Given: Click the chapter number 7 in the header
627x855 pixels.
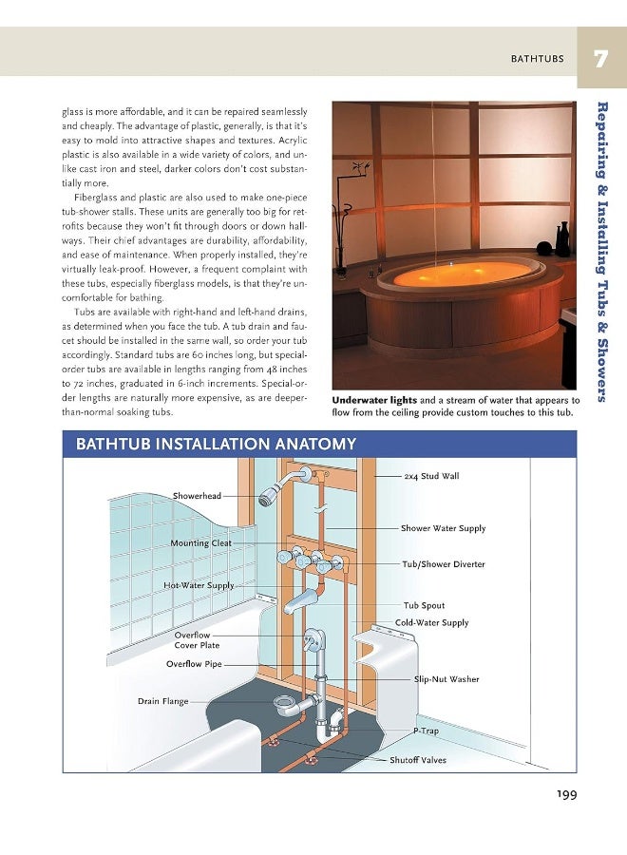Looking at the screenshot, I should [x=600, y=59].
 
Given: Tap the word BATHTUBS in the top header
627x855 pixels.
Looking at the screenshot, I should [x=537, y=59].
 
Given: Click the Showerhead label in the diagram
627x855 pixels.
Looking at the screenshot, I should [x=197, y=496].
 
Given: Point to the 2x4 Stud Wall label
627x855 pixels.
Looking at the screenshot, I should [x=430, y=476].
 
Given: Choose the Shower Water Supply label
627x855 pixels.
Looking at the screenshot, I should [x=443, y=528].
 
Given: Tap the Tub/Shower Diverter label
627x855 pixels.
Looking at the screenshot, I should [x=443, y=564].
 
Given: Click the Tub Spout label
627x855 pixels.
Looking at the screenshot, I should [x=424, y=605].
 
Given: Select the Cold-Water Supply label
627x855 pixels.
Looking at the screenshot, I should [x=431, y=623].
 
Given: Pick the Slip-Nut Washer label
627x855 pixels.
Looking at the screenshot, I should [x=446, y=679].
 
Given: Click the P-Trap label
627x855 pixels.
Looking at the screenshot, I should [x=426, y=731].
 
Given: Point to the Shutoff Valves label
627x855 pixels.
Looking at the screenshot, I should [x=417, y=760].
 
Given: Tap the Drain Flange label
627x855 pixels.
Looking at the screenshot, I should [x=162, y=701].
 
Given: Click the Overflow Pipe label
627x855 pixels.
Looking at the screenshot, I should [x=194, y=664].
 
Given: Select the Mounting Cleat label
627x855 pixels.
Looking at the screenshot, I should [x=200, y=543].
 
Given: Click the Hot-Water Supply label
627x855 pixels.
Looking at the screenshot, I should [x=199, y=585].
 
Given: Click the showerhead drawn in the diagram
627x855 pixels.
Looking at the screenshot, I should [x=271, y=495].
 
